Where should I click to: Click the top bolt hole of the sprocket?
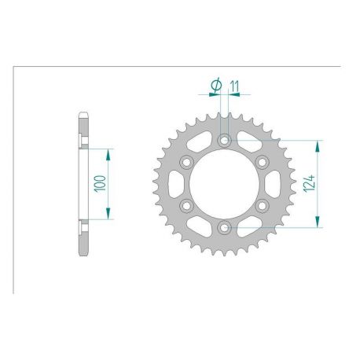point(224,140)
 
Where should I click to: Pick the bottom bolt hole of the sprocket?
point(224,228)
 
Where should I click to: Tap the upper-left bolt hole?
point(186,162)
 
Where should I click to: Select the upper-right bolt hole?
point(262,162)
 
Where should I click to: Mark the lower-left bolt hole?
point(186,206)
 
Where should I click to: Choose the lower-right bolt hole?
point(262,206)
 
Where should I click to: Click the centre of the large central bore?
point(224,184)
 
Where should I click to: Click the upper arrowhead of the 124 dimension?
point(319,144)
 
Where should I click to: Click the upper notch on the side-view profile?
point(81,140)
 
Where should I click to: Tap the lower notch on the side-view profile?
point(81,229)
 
